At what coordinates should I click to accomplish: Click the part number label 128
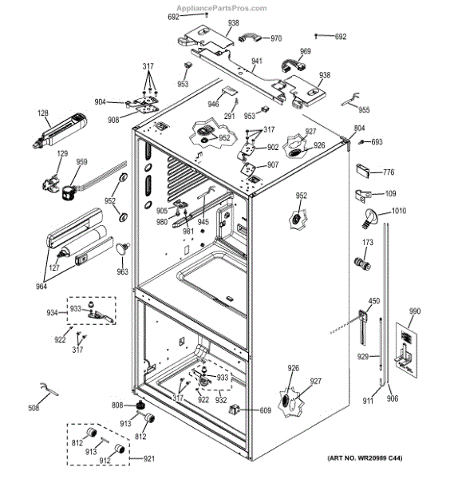43,113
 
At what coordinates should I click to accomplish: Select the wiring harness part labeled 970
250,39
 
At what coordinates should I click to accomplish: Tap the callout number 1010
399,211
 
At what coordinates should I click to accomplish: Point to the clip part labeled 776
363,171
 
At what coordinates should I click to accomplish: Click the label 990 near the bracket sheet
415,311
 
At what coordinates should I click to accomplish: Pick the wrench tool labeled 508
49,389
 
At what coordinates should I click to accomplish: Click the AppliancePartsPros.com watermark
222,8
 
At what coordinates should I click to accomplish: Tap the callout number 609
266,410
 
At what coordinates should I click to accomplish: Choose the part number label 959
82,162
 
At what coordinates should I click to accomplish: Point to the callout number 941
257,61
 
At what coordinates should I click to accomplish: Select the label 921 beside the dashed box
149,458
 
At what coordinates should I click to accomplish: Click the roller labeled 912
120,449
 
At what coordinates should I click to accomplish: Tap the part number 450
374,301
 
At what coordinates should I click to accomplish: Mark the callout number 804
359,129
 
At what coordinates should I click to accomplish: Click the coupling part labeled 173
362,263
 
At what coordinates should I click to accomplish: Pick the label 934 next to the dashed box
52,313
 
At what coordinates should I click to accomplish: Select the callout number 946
213,105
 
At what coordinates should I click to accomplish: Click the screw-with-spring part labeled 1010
369,219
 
